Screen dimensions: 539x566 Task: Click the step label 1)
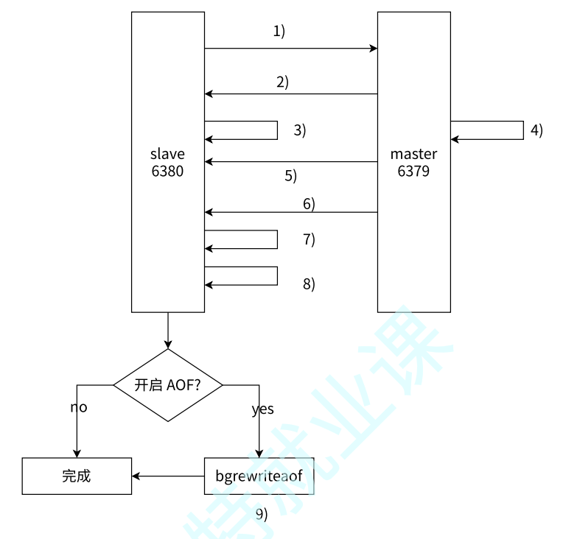[x=279, y=31]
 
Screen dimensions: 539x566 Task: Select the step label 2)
[x=283, y=82]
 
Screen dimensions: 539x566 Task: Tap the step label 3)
[x=299, y=130]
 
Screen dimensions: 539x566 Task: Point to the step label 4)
[x=537, y=130]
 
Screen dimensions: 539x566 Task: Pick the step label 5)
[x=290, y=176]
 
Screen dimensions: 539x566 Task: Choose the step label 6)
[x=309, y=204]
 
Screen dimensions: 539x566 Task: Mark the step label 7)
[x=309, y=239]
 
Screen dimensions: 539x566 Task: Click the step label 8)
[x=309, y=283]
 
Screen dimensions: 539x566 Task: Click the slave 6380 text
[x=167, y=163]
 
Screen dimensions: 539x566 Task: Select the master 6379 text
[x=413, y=163]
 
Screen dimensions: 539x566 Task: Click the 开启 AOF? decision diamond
[x=168, y=384]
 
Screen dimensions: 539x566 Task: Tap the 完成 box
[x=77, y=476]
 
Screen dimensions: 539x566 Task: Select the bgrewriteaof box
[x=259, y=476]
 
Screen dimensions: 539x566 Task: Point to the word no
[x=79, y=407]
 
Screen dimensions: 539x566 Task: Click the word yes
[x=262, y=409]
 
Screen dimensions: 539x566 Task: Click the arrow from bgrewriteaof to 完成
[x=168, y=476]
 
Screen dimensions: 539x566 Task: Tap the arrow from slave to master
[x=291, y=49]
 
